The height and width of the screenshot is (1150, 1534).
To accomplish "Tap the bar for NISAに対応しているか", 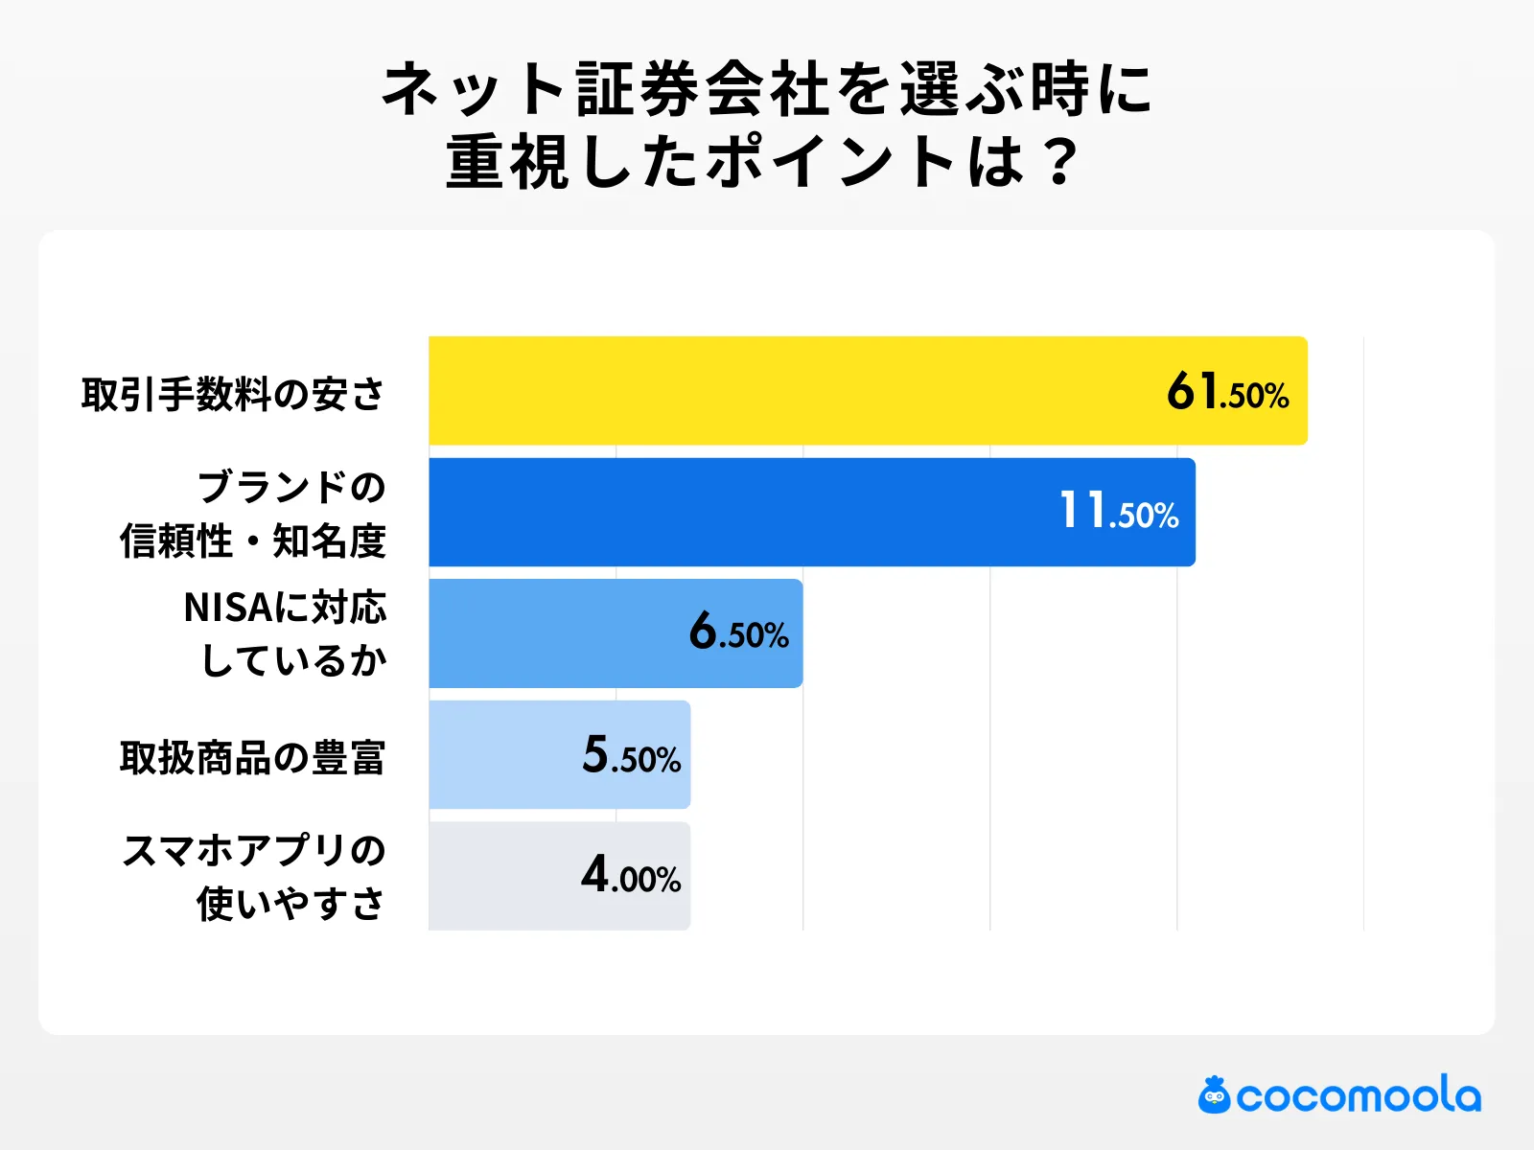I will [556, 633].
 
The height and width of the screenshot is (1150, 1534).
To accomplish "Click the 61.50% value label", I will [1227, 393].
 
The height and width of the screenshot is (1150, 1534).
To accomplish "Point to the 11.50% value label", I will [1118, 513].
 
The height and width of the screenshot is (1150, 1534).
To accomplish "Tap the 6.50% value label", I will [738, 633].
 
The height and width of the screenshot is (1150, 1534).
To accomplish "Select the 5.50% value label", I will [631, 756].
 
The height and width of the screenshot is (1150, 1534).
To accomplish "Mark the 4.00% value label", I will [631, 876].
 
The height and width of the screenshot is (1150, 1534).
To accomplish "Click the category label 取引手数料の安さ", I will [233, 394].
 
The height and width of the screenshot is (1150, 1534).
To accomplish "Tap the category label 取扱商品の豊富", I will [252, 758].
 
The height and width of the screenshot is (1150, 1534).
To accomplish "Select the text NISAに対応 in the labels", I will [285, 608].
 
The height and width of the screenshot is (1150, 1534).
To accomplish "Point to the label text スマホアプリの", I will [254, 850].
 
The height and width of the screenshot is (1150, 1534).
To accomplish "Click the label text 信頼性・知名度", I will [252, 541].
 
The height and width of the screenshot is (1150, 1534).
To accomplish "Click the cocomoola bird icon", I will [1214, 1095].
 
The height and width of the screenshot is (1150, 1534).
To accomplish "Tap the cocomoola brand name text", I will [1359, 1096].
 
